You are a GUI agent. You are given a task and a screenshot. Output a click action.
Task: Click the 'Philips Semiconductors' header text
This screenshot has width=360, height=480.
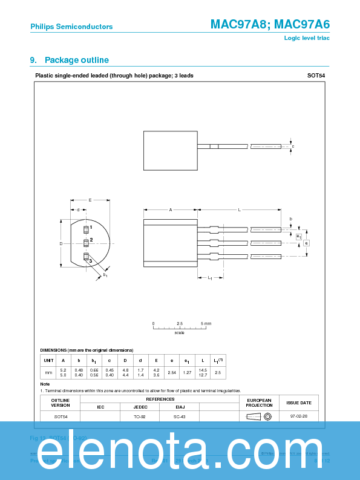(x=71, y=27)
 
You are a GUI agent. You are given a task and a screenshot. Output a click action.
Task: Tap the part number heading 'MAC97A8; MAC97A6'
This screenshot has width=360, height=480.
(x=270, y=24)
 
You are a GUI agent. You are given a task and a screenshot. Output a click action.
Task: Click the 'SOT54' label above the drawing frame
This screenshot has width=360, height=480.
(x=315, y=76)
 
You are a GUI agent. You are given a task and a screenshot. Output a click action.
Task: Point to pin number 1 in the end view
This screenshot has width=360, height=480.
(x=91, y=228)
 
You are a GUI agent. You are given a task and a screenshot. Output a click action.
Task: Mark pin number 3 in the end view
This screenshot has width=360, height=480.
(x=91, y=261)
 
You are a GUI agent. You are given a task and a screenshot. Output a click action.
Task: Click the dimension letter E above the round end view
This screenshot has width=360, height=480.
(x=90, y=200)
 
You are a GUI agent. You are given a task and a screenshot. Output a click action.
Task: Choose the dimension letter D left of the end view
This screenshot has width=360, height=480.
(x=61, y=243)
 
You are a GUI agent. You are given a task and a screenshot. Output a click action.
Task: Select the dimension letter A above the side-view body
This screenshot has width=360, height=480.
(x=171, y=209)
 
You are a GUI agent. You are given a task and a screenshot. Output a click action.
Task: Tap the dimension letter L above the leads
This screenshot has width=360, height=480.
(x=239, y=209)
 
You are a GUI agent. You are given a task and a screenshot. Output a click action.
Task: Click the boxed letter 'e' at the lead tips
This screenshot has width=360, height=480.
(x=307, y=243)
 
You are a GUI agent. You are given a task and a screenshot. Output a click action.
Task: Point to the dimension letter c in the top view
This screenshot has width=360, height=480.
(x=293, y=146)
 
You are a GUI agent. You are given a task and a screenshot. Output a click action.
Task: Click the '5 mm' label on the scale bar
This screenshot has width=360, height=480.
(x=206, y=324)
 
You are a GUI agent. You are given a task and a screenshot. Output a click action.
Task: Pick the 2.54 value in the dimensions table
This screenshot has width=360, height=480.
(x=172, y=372)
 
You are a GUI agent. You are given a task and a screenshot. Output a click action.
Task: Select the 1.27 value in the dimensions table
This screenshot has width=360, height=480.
(x=188, y=372)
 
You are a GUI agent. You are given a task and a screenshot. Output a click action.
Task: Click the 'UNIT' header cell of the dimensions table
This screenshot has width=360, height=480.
(x=49, y=360)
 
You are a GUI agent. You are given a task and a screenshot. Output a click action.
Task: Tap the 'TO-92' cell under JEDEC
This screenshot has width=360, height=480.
(x=140, y=416)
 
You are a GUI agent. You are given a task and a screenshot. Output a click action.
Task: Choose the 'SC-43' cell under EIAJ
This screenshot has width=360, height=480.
(x=180, y=416)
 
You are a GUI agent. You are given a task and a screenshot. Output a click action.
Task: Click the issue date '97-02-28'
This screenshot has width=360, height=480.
(x=299, y=416)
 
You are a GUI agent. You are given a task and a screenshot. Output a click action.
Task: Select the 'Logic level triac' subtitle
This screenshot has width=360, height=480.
(x=307, y=38)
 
